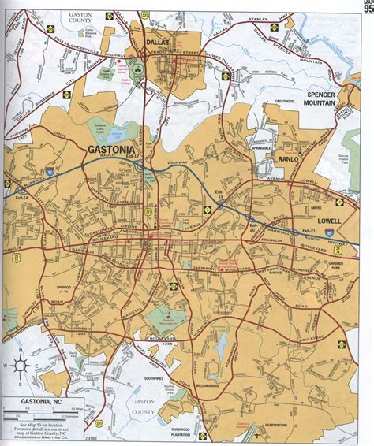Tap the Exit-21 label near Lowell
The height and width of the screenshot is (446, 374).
pos(309,232)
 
